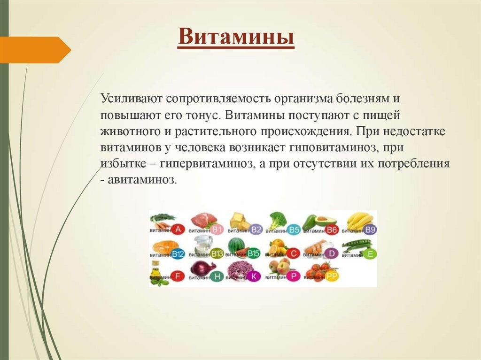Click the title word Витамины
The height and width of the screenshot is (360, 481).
coord(236,37)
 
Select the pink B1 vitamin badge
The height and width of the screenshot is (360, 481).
coord(217,230)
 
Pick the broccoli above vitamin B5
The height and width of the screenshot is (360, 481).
coord(278,220)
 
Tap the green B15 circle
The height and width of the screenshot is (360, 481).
coord(254,253)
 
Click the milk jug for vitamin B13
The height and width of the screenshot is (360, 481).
coord(203,244)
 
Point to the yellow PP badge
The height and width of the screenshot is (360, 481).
coord(332,276)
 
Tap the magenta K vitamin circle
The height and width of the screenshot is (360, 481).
coord(254,276)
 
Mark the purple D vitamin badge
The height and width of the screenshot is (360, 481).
coord(332,253)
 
